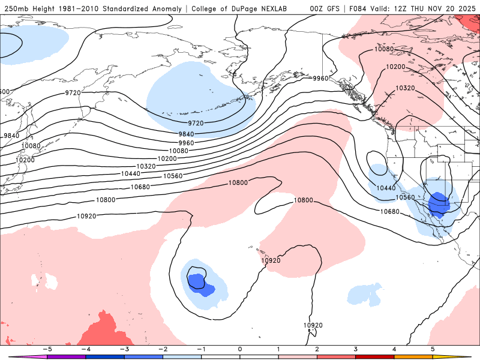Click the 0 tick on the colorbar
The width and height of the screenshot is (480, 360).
240,349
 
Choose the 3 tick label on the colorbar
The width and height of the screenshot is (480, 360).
355,349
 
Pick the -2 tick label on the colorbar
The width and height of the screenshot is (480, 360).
163,349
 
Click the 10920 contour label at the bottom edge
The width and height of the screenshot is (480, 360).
313,325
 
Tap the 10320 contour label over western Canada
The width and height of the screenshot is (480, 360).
405,88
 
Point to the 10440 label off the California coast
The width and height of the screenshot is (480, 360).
386,188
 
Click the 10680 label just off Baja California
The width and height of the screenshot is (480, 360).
390,211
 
